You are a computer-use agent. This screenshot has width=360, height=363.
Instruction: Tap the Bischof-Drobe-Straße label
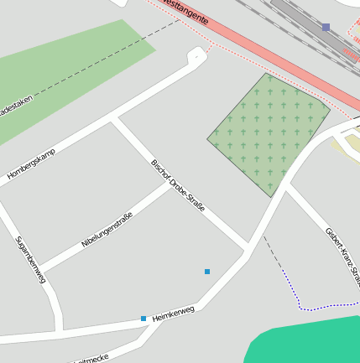(x=177, y=184)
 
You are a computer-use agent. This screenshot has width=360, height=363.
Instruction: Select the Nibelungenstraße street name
(x=107, y=231)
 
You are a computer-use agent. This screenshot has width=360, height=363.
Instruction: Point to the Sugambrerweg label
(x=30, y=259)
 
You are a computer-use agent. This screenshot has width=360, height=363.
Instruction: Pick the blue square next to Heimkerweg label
(x=143, y=319)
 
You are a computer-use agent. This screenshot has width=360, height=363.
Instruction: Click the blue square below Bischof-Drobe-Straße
(x=207, y=271)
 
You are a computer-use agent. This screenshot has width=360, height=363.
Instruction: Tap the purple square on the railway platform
(x=326, y=27)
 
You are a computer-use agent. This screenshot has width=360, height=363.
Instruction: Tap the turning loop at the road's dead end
(x=197, y=57)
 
